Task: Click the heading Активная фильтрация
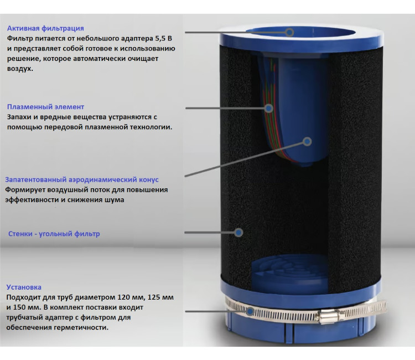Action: (x=45, y=28)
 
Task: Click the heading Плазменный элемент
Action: (x=45, y=107)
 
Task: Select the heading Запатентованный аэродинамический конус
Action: (x=82, y=179)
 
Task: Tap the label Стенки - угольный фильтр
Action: (x=54, y=234)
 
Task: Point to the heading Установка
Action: (x=24, y=287)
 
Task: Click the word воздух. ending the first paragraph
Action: (x=20, y=69)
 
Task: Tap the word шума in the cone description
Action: (x=116, y=200)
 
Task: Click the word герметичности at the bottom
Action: (x=81, y=328)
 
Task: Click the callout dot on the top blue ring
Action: (x=289, y=32)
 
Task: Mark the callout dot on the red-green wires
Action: (x=269, y=108)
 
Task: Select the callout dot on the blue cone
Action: (x=307, y=142)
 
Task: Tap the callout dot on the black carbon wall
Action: (x=238, y=233)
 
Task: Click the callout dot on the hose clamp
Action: (x=250, y=311)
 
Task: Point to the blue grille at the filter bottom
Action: (x=289, y=272)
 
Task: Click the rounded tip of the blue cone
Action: (x=304, y=164)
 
